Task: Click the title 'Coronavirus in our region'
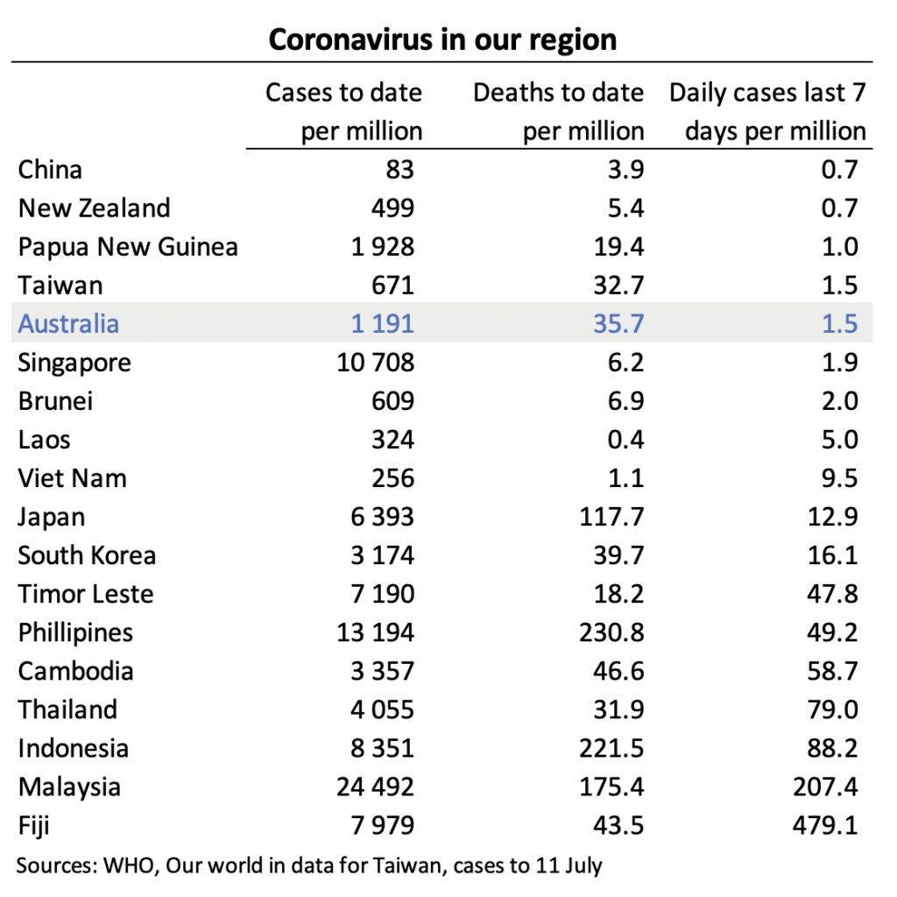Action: (441, 39)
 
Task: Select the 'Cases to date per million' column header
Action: (343, 111)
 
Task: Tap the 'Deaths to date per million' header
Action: (558, 111)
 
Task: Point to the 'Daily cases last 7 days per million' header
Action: (767, 111)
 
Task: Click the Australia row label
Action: (68, 323)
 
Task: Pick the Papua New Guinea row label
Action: (128, 247)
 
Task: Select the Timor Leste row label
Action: (86, 594)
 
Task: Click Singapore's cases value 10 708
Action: (376, 363)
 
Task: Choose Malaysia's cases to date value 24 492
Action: (375, 787)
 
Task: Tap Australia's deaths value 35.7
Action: (615, 324)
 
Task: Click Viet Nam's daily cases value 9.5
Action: (839, 478)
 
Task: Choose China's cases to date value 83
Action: (399, 170)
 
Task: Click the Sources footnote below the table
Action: (310, 865)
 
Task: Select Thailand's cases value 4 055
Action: (382, 710)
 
